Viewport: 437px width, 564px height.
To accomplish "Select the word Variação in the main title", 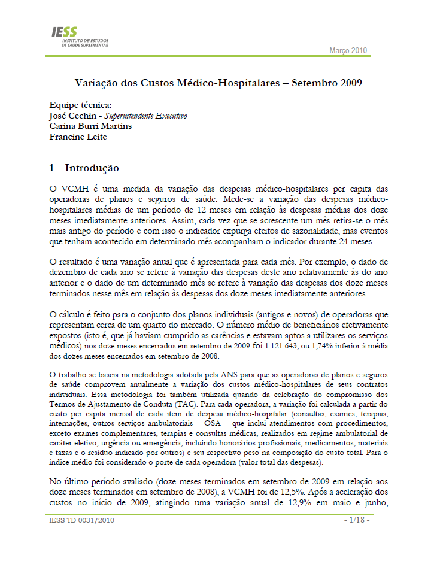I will [x=98, y=82].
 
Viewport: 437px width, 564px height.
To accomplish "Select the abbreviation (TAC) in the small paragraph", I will [x=180, y=404].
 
